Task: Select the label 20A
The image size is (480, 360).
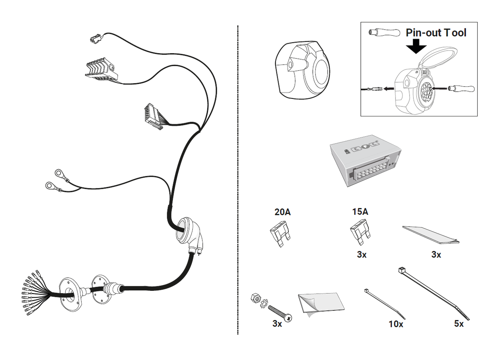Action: pos(282,212)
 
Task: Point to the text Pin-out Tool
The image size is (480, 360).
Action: pos(436,32)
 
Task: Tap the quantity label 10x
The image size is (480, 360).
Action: pos(396,324)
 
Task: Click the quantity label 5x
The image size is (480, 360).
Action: pos(459,324)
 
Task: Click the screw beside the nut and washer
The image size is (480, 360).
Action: pos(280,312)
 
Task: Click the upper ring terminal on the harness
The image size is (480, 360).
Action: pos(59,174)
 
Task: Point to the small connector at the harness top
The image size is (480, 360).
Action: pos(95,38)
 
